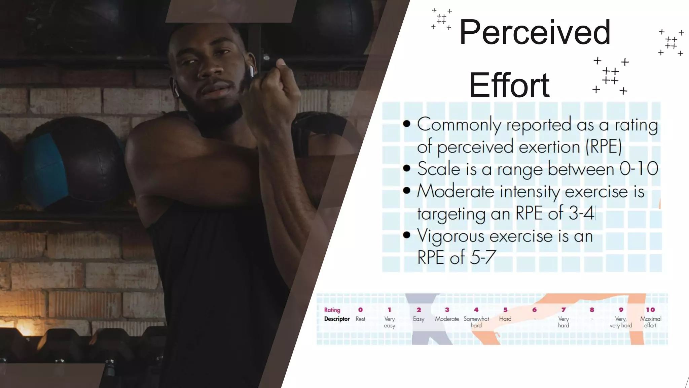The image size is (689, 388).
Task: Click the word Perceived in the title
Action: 535,33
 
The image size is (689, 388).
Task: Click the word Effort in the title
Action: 509,86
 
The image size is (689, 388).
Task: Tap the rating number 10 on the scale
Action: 650,310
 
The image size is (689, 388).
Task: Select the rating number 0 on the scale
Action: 360,310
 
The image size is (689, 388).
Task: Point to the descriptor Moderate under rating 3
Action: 447,319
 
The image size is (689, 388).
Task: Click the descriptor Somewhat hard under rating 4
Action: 476,322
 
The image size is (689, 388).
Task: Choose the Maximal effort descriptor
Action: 650,322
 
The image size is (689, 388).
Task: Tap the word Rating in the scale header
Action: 332,310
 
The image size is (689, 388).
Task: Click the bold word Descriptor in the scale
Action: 337,319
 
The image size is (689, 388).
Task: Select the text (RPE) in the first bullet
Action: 604,147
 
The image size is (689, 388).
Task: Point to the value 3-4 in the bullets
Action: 581,214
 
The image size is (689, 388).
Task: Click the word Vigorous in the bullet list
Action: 451,236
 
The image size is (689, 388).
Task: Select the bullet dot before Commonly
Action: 407,124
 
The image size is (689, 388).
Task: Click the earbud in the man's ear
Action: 251,71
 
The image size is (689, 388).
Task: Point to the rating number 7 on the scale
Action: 564,310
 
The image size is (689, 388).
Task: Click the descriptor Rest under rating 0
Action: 360,319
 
